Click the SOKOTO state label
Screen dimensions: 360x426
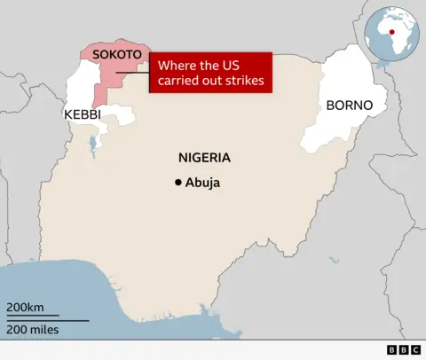coord(118,53)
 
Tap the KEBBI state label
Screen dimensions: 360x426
coord(83,114)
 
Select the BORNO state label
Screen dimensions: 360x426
coord(350,106)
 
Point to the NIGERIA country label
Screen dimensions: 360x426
coord(204,158)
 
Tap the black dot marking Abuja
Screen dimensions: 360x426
coord(178,183)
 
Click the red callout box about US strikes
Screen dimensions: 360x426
coord(209,73)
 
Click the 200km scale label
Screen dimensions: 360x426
coord(26,307)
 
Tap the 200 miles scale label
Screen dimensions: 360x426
coord(34,330)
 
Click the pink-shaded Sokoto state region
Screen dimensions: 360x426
coord(106,75)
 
